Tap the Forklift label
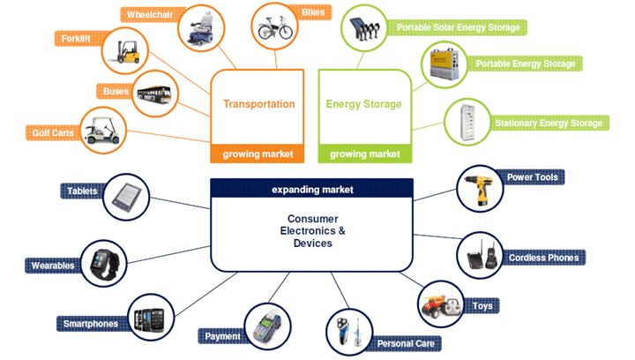coord(77,40)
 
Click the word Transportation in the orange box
coord(258,104)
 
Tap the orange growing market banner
coord(258,154)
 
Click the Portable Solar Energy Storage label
coord(458,28)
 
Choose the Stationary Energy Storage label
coord(548,124)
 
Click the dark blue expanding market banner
coord(311,189)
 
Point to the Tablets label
coord(82,191)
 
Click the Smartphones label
coord(90,323)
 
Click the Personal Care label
coord(408,343)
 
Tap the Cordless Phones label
coord(544,258)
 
